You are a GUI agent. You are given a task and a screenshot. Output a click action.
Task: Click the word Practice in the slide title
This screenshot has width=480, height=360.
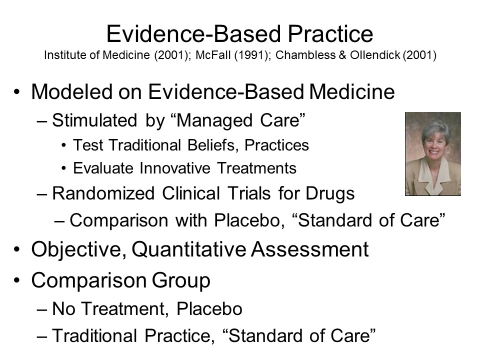330,33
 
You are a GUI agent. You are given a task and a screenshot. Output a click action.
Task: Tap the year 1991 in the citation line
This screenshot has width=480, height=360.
251,55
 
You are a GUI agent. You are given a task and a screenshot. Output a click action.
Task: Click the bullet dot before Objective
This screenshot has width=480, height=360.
17,249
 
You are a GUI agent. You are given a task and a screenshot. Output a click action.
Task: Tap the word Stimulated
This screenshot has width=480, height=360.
94,120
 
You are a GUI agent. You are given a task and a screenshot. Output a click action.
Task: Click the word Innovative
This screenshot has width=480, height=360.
175,168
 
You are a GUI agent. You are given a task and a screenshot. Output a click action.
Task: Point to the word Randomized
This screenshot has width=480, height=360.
103,193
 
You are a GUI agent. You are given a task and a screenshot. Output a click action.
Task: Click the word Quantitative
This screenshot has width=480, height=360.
188,249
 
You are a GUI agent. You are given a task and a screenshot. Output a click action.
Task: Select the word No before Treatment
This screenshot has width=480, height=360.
63,308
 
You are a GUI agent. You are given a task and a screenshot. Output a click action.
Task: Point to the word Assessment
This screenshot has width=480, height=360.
310,249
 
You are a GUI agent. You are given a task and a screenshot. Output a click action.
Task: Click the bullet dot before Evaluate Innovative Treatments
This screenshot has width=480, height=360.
63,168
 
